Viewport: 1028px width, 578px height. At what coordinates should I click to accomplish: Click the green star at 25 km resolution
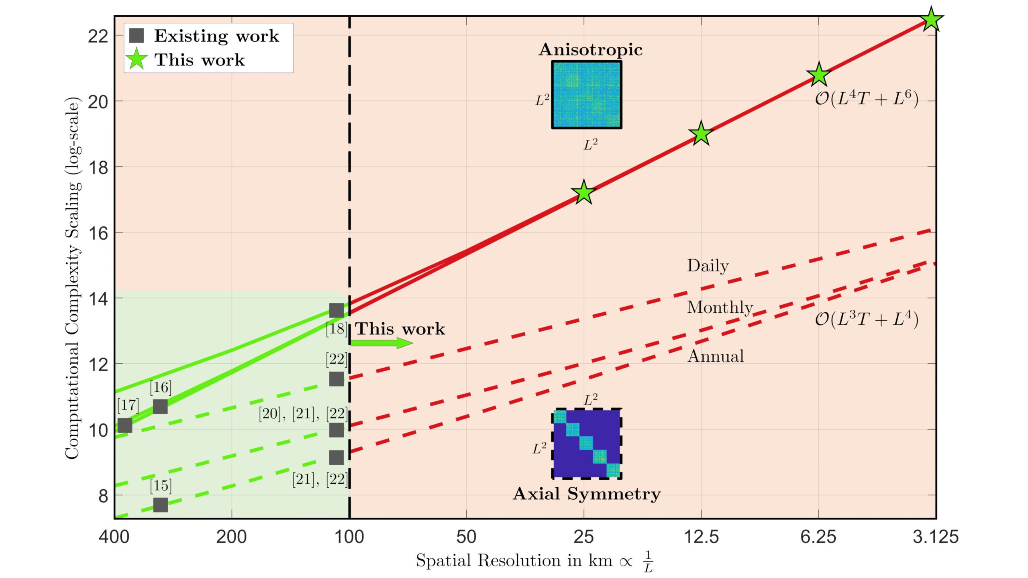tap(583, 193)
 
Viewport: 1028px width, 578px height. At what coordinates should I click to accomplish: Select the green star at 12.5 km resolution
tap(701, 134)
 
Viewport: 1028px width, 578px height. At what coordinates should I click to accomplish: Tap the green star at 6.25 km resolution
tap(818, 75)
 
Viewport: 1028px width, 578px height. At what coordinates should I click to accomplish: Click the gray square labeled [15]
tap(160, 505)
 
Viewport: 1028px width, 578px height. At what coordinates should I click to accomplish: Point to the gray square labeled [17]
tap(124, 425)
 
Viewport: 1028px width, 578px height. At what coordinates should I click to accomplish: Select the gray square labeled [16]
tap(160, 407)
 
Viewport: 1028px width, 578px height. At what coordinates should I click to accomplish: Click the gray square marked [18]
tap(337, 310)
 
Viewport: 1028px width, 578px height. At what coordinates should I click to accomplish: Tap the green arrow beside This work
tap(381, 343)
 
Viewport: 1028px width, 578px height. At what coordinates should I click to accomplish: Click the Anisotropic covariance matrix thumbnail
tap(587, 95)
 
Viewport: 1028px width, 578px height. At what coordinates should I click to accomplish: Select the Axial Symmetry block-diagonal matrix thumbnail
tap(587, 444)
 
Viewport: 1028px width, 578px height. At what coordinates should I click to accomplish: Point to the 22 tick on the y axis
tap(98, 36)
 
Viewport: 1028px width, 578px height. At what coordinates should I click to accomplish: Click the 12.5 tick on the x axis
tap(701, 537)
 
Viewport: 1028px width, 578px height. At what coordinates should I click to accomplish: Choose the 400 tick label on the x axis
tap(114, 537)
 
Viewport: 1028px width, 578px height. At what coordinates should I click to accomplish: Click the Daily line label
tap(708, 266)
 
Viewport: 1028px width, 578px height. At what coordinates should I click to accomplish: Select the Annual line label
tap(716, 356)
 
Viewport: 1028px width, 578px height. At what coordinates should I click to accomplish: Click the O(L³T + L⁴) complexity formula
tap(867, 320)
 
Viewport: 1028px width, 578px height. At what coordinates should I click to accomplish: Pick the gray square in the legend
tap(137, 36)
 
